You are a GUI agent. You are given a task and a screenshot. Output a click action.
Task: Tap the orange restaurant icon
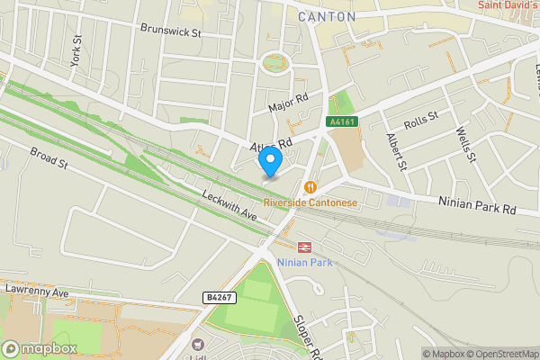[x=310, y=187]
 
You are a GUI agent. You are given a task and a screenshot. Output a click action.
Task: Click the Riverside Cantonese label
[x=310, y=202]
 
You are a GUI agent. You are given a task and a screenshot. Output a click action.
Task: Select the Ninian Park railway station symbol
[x=304, y=246]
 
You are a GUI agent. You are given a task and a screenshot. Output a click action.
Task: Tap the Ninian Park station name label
[x=305, y=262]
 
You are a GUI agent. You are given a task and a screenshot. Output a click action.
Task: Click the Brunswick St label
[x=170, y=30]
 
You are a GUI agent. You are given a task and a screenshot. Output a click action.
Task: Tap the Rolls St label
[x=420, y=117]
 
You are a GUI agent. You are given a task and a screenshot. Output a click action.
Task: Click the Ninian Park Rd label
[x=477, y=205]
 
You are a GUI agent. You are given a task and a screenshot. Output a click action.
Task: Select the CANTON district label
[x=327, y=16]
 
